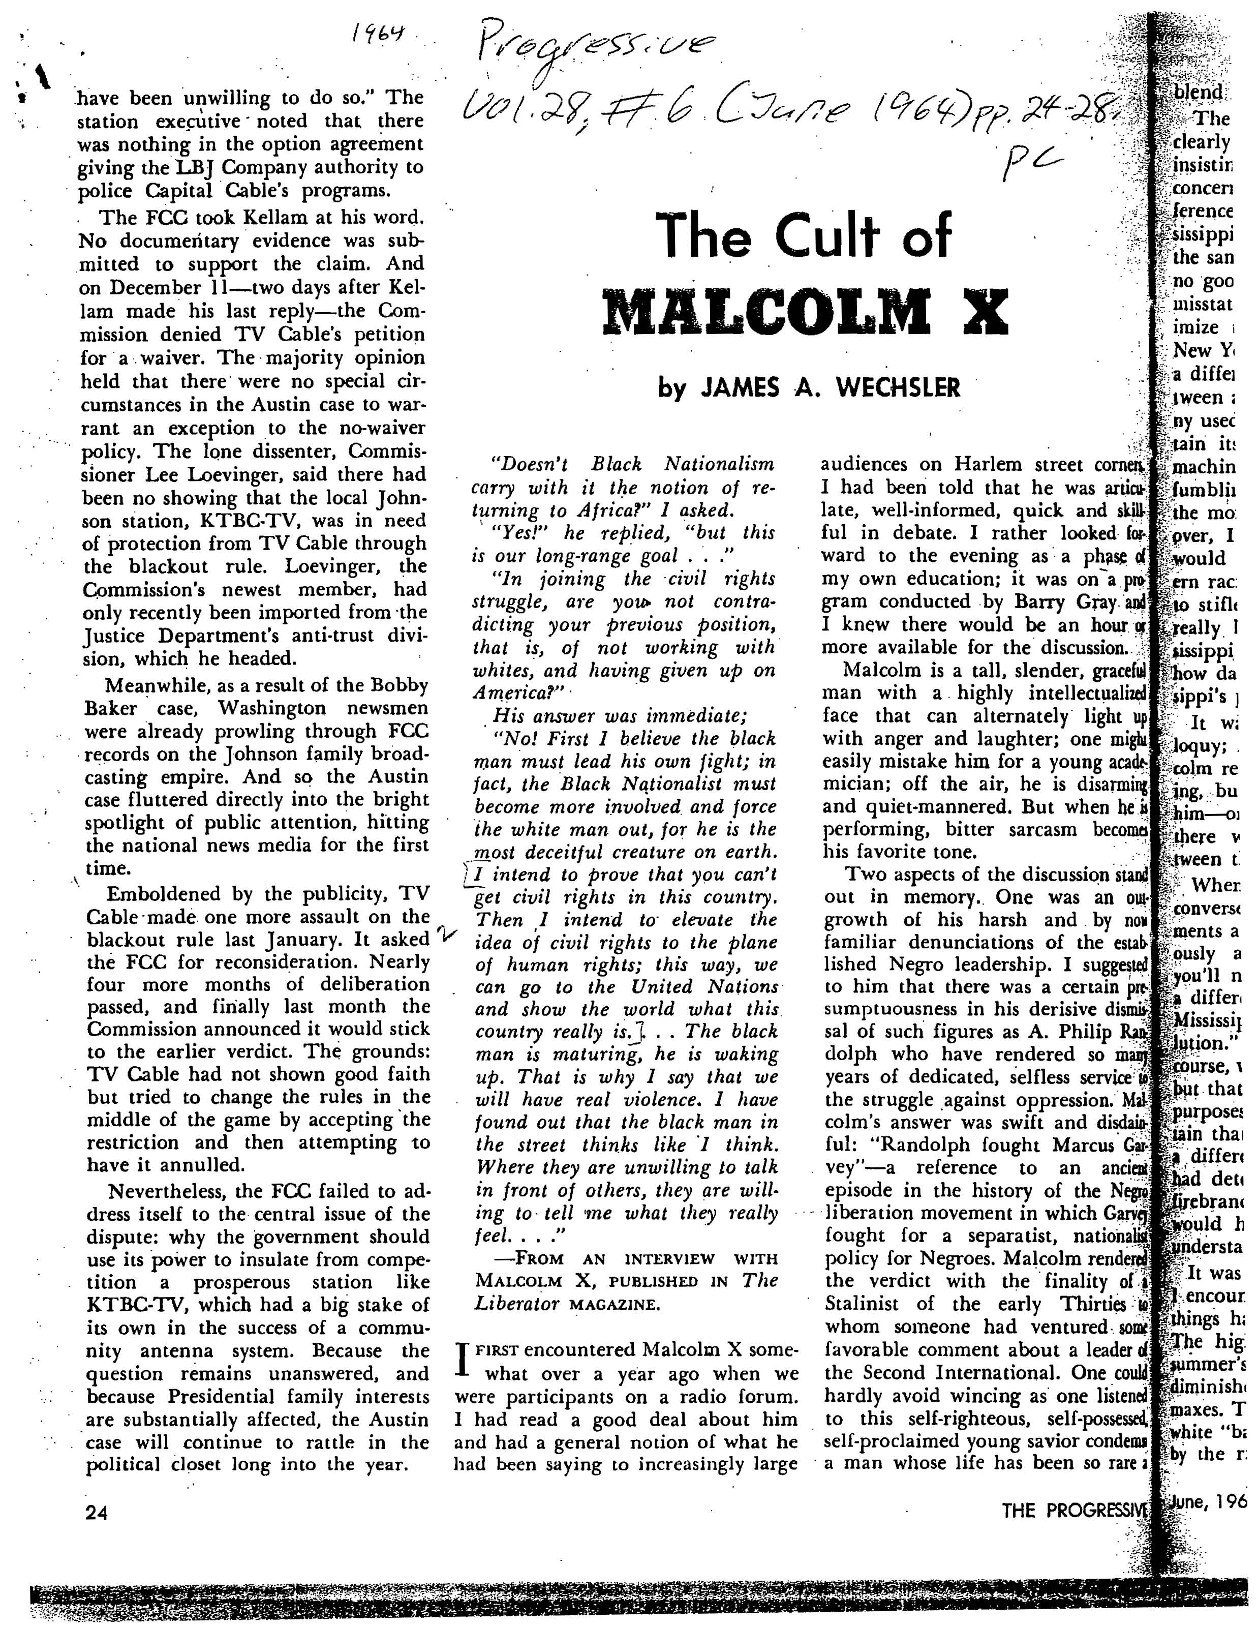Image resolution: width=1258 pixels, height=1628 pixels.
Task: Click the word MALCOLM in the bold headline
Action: [767, 312]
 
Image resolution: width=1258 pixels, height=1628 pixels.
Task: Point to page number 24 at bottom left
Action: [97, 1513]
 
